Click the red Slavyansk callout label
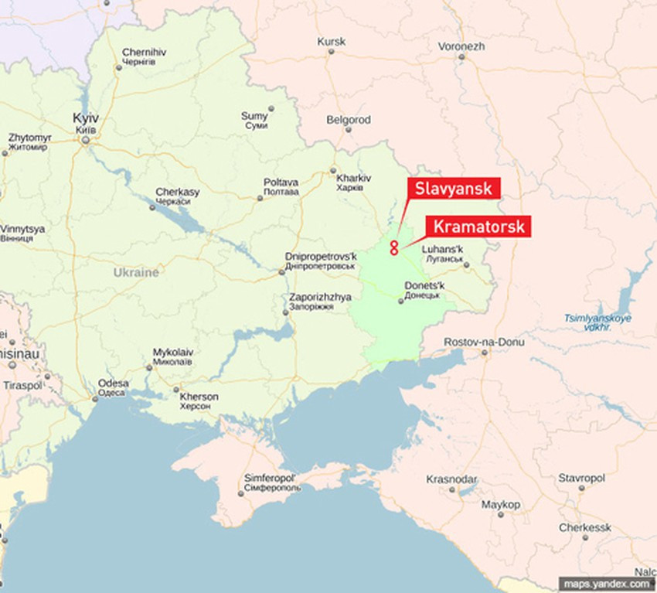pos(453,189)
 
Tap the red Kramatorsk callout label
pos(478,227)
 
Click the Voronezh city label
pos(461,46)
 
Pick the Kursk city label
pos(331,42)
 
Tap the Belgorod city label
pos(349,121)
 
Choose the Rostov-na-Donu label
pos(484,342)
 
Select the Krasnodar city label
pos(451,479)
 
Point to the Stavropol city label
pos(581,479)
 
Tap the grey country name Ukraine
pos(136,273)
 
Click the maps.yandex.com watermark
pos(605,584)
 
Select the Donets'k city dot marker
pos(400,301)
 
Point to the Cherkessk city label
pos(585,527)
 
